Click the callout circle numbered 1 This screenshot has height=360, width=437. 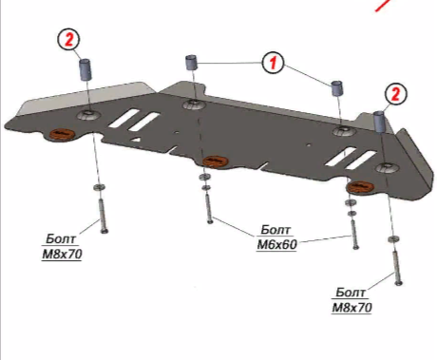click(273, 63)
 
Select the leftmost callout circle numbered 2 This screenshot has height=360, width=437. click(68, 39)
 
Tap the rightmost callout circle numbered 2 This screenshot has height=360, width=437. click(396, 94)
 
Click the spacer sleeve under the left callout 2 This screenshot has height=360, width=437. click(85, 68)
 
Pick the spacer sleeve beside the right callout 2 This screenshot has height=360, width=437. click(379, 122)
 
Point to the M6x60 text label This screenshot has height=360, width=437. click(276, 244)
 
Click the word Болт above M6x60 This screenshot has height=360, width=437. click(275, 230)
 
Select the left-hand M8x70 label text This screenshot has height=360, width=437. click(62, 254)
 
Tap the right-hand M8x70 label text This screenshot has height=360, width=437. click(351, 307)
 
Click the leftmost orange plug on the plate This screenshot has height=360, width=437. click(62, 134)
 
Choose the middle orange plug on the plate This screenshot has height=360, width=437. click(216, 161)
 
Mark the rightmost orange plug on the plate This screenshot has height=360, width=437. click(360, 186)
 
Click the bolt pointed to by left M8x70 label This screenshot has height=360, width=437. click(103, 216)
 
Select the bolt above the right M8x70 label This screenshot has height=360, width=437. click(397, 267)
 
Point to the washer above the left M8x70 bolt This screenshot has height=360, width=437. click(99, 187)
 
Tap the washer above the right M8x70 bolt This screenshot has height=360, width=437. click(393, 238)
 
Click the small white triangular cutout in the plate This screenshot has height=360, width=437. click(136, 139)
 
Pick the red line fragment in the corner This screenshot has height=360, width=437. click(383, 6)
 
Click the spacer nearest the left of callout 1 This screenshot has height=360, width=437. click(191, 62)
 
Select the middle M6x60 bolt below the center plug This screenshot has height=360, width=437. click(208, 208)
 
